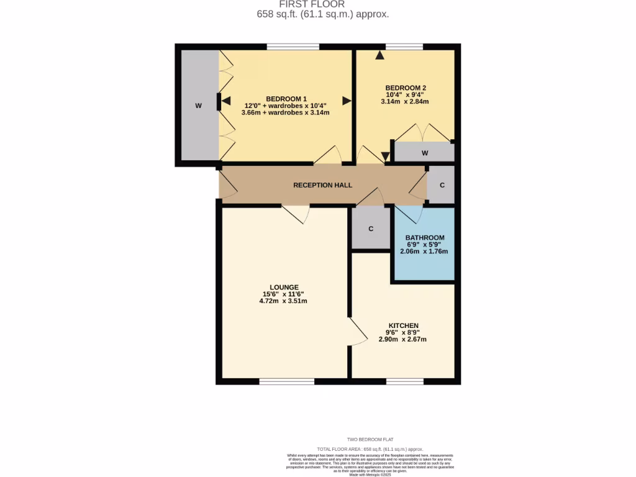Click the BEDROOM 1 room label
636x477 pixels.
286,99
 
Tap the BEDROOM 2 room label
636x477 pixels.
405,88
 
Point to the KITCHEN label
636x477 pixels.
403,325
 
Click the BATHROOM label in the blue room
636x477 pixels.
425,238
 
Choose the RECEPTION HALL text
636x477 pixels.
322,185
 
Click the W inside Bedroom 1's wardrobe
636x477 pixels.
199,106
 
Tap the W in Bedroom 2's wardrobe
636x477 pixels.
425,153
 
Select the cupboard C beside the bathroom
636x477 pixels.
371,229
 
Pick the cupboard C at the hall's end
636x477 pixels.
442,185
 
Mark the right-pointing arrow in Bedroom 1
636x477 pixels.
346,100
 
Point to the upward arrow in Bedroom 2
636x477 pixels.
379,55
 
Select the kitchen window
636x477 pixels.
404,381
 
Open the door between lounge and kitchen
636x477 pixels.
356,332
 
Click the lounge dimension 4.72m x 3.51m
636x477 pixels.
283,301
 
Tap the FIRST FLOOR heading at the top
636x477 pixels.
322,4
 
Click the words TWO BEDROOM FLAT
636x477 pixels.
370,439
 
